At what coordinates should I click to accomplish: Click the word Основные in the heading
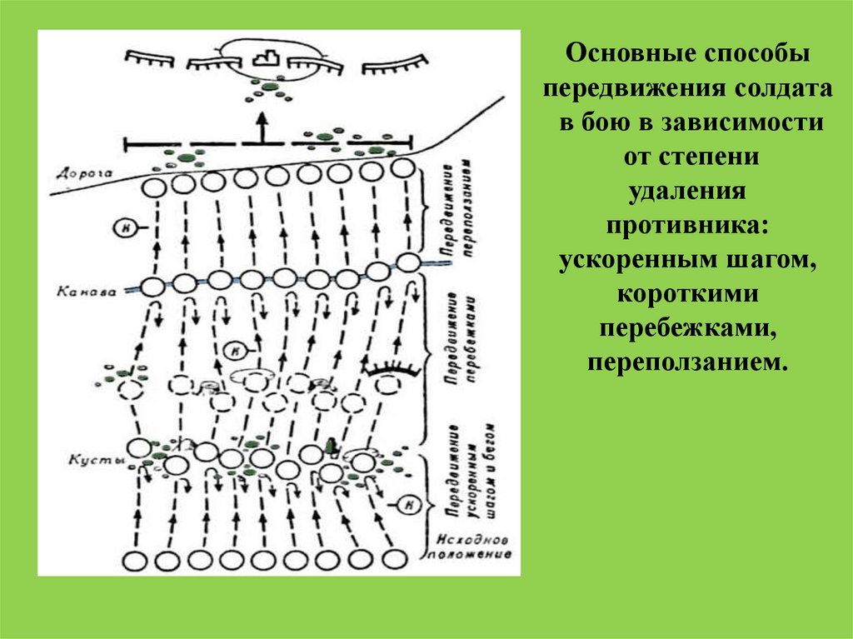click(613, 59)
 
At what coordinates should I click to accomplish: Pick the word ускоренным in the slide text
click(634, 261)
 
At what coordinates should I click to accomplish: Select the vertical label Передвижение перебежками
click(460, 337)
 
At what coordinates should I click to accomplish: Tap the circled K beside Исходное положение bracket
click(410, 502)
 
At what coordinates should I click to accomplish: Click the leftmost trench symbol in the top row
click(148, 58)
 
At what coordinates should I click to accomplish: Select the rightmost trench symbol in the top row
click(403, 60)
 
